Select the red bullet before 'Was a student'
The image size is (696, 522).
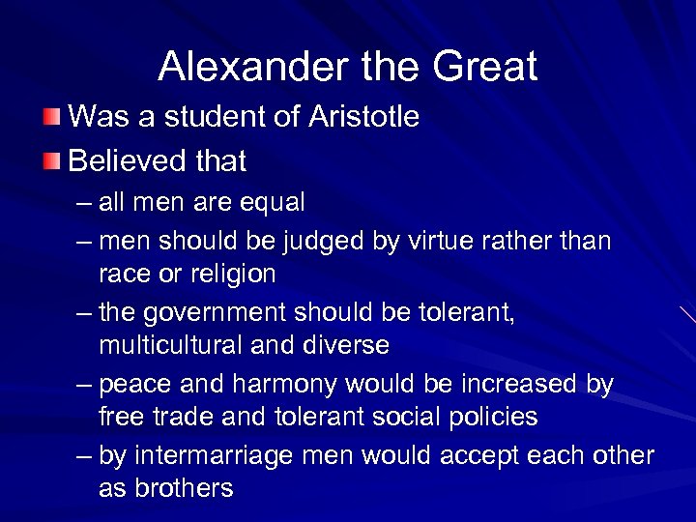(54, 118)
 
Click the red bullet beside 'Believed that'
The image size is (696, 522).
(54, 160)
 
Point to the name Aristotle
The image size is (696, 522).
(363, 118)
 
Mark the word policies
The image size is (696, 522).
(489, 417)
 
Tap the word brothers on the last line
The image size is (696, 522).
(183, 488)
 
